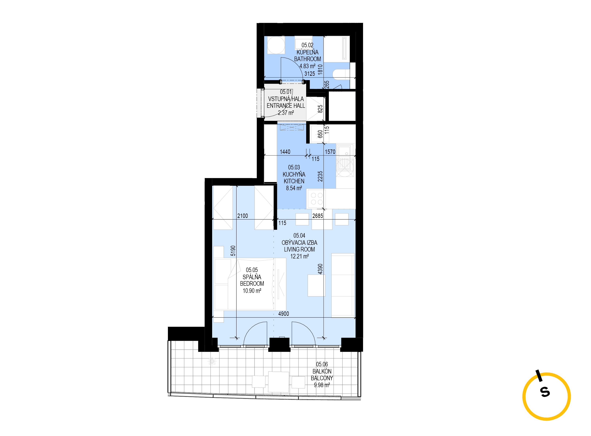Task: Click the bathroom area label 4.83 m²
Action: [x=307, y=66]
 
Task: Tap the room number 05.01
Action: [x=286, y=92]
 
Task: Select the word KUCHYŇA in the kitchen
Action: [x=294, y=174]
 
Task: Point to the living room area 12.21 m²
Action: [x=299, y=256]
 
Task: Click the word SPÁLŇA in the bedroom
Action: [x=252, y=277]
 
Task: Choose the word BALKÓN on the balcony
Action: [x=322, y=371]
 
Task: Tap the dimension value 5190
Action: [x=233, y=251]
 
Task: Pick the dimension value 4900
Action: [x=284, y=314]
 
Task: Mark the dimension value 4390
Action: [x=320, y=269]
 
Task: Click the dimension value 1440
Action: [x=285, y=151]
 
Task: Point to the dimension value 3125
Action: [x=310, y=74]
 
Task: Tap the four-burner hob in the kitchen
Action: [x=317, y=199]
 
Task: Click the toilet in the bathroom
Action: [x=341, y=74]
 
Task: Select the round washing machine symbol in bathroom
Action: [x=276, y=45]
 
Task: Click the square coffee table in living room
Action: [x=316, y=285]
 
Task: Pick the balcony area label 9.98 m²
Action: [x=322, y=385]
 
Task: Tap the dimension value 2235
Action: [x=320, y=176]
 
